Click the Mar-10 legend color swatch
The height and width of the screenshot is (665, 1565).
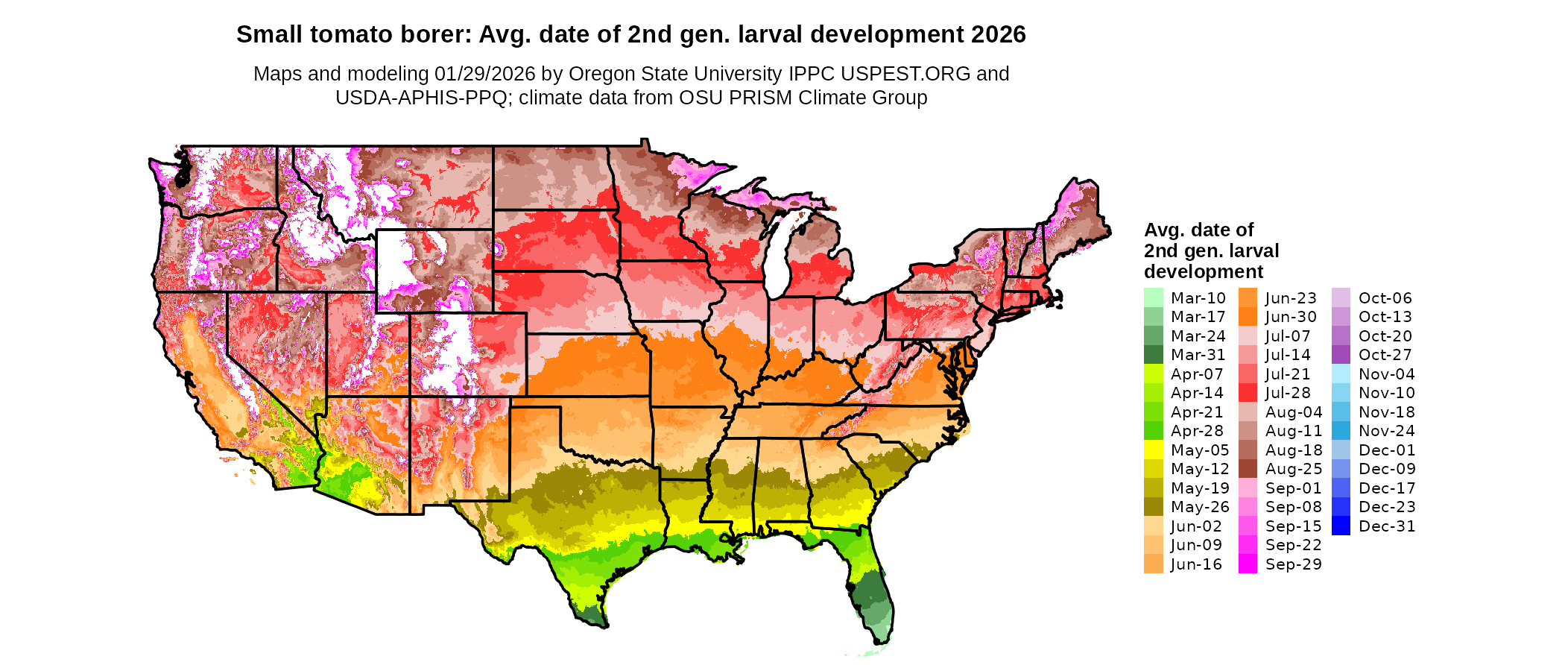pos(1153,297)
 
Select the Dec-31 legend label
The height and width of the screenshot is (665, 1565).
pos(1386,526)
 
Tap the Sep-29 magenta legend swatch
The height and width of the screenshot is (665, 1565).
pos(1248,564)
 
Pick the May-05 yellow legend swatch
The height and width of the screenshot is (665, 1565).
pos(1153,450)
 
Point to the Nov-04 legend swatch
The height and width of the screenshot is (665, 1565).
pos(1341,374)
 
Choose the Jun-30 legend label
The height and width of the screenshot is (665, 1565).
pos(1291,317)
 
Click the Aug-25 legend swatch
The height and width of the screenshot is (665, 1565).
pos(1248,469)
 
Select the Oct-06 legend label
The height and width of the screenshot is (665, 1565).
pos(1385,298)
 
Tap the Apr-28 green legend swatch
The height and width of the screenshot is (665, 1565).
pos(1153,431)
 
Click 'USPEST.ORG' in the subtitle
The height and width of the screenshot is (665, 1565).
pos(905,74)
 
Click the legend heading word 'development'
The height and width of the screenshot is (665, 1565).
pos(1204,271)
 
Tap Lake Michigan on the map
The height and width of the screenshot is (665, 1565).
pos(777,257)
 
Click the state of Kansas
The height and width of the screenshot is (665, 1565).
pos(589,365)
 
